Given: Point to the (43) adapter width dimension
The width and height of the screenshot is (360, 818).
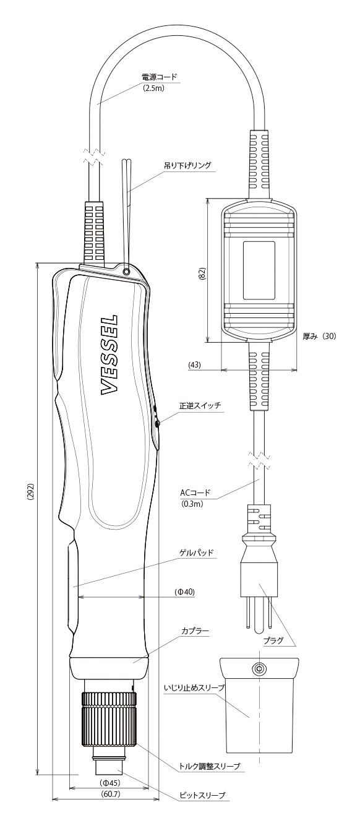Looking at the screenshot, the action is (194, 364).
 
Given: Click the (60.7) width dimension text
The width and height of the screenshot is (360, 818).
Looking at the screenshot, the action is (109, 791).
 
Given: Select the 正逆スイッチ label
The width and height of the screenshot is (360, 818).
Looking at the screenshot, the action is (200, 405).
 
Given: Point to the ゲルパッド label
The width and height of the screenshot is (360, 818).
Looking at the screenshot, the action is (196, 552).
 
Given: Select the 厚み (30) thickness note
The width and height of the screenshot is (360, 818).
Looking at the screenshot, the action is (319, 336).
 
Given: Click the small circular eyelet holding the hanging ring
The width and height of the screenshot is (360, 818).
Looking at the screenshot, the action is (126, 272).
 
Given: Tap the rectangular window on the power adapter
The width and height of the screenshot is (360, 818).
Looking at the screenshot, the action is (259, 270).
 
